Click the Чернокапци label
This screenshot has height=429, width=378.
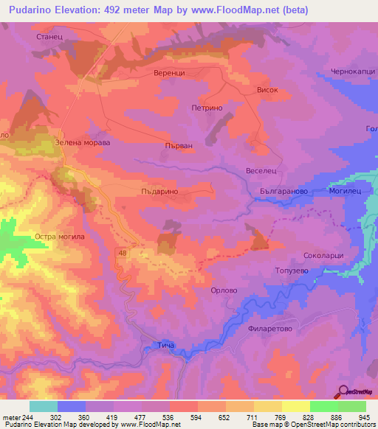pyautogui.click(x=354, y=72)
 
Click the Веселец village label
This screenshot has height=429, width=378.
pyautogui.click(x=261, y=170)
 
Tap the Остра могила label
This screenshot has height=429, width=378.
pyautogui.click(x=61, y=237)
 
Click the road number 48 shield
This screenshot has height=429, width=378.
pyautogui.click(x=121, y=253)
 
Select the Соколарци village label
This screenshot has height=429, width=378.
pyautogui.click(x=323, y=256)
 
